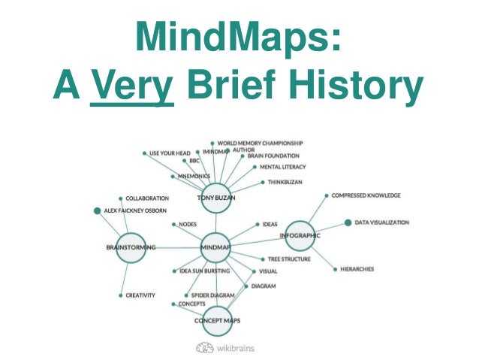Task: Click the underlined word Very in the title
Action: tap(132, 87)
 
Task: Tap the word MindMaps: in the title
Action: tap(239, 37)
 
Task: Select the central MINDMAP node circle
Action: tap(216, 247)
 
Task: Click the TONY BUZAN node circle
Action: tap(216, 198)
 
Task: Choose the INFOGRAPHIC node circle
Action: tap(300, 235)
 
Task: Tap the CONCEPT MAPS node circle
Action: tap(217, 320)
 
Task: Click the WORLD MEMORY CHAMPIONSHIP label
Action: tap(261, 142)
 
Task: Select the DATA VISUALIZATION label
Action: tap(381, 222)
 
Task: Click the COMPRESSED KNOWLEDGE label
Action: tap(366, 195)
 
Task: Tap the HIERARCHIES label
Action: tap(357, 269)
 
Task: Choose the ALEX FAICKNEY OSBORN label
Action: tap(135, 210)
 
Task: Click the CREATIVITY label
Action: tap(140, 295)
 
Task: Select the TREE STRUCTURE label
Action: tap(289, 259)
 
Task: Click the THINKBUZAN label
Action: tap(286, 182)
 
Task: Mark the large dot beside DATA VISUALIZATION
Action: tap(348, 222)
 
